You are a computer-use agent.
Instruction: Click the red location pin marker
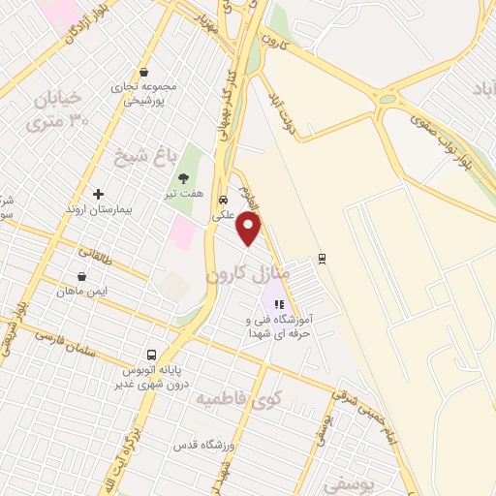[250, 229]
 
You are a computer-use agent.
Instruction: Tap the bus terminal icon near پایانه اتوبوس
[151, 355]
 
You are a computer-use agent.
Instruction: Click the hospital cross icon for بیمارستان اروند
[98, 194]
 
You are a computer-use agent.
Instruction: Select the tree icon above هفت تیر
[182, 177]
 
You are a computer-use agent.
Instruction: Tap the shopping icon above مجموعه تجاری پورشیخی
[143, 71]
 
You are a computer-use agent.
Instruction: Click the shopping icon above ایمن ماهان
[81, 275]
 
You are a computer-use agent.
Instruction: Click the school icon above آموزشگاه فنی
[279, 304]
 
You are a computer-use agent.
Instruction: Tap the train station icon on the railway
[322, 259]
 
